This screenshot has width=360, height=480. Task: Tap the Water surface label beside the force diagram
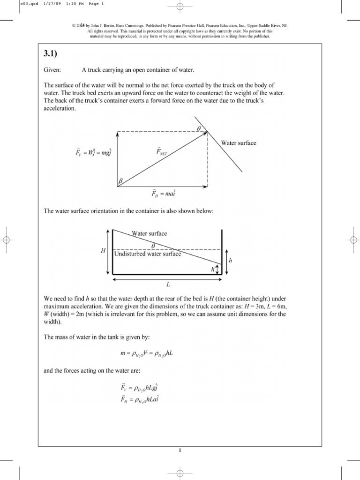(x=239, y=143)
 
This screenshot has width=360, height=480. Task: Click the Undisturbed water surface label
(x=147, y=253)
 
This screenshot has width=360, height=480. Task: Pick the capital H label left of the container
(x=103, y=251)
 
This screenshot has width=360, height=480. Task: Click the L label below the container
(x=166, y=285)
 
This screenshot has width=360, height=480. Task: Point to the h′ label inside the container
(x=213, y=269)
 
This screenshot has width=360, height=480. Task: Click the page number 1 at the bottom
(x=180, y=451)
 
